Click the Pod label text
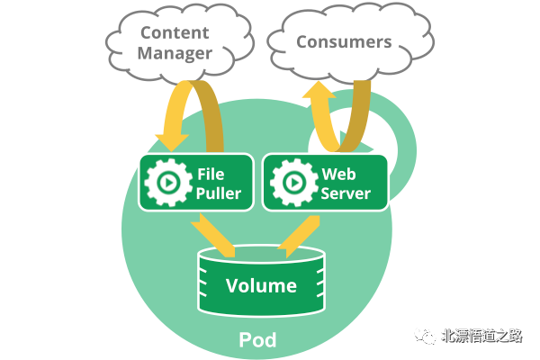(x=257, y=340)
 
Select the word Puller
(x=218, y=192)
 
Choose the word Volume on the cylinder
(x=261, y=287)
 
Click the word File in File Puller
(x=209, y=172)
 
